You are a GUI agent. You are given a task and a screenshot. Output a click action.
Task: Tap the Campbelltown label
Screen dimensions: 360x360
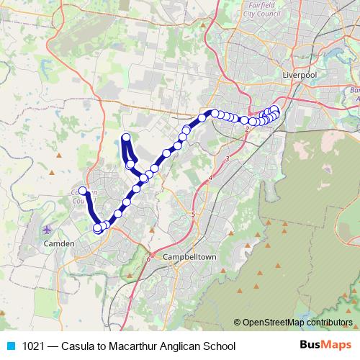click(x=190, y=257)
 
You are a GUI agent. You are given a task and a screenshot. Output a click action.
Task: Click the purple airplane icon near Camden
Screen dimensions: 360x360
click(x=48, y=230)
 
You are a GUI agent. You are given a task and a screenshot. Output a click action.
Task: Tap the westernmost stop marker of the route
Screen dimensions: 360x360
click(x=83, y=191)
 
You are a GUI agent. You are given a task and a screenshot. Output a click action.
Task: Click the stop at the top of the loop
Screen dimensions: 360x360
click(x=126, y=138)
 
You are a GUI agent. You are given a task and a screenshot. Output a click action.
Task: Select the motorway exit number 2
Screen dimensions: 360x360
click(x=247, y=129)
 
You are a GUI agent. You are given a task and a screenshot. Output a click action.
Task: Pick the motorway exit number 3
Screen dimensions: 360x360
click(x=227, y=158)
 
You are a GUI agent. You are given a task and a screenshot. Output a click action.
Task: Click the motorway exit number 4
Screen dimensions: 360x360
click(x=211, y=177)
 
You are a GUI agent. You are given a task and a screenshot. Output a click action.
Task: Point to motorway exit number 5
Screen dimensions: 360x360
click(x=194, y=214)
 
